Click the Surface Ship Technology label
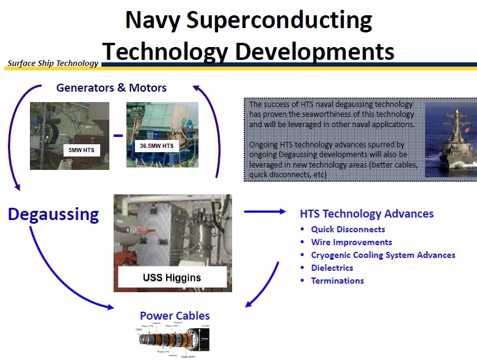pyautogui.click(x=53, y=63)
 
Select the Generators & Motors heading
pyautogui.click(x=111, y=87)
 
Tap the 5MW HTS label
pyautogui.click(x=82, y=149)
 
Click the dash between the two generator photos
pyautogui.click(x=118, y=136)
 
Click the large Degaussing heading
pyautogui.click(x=53, y=215)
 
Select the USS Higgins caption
pyautogui.click(x=172, y=277)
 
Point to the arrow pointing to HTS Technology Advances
pyautogui.click(x=264, y=211)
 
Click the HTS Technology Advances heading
pyautogui.click(x=366, y=214)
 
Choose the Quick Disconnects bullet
pyautogui.click(x=348, y=229)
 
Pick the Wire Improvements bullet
pyautogui.click(x=351, y=242)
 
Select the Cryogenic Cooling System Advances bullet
pyautogui.click(x=383, y=255)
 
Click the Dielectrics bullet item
pyautogui.click(x=332, y=268)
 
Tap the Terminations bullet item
pyautogui.click(x=337, y=281)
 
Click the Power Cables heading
pyautogui.click(x=175, y=316)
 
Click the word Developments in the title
pyautogui.click(x=316, y=51)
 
